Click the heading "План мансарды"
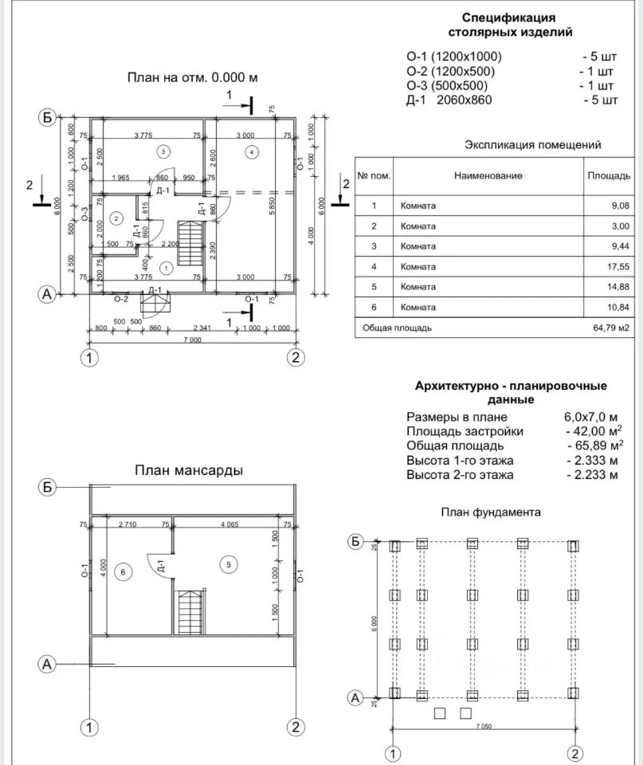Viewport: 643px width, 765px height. (188, 471)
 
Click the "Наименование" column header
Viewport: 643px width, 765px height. (488, 175)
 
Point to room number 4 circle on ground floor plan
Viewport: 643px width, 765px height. (251, 151)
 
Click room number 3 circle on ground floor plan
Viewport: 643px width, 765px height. (163, 151)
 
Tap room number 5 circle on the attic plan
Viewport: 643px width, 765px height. (229, 565)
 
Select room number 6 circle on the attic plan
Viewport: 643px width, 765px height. (122, 571)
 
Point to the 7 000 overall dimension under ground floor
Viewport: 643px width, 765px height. (191, 340)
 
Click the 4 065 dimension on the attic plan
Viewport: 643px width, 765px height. (231, 524)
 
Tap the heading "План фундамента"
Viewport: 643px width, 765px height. (491, 512)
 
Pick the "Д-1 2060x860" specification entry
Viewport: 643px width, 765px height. (449, 100)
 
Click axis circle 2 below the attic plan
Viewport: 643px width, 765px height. (295, 727)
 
